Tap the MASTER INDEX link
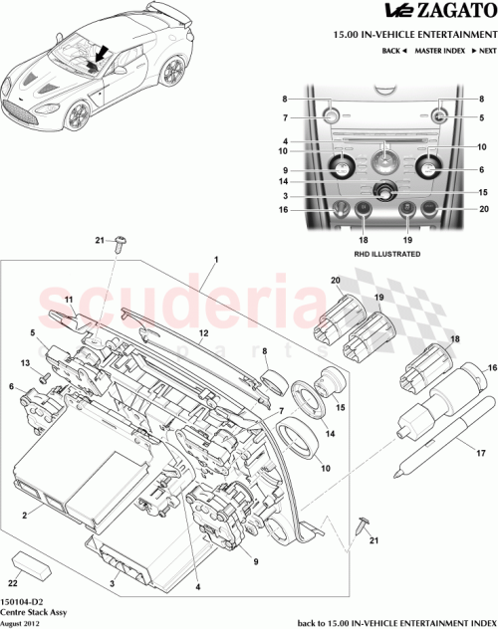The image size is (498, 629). [x=440, y=49]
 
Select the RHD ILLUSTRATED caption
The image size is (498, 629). [x=386, y=255]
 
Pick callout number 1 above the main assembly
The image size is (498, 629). [x=214, y=261]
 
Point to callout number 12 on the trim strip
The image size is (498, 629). [x=201, y=333]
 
